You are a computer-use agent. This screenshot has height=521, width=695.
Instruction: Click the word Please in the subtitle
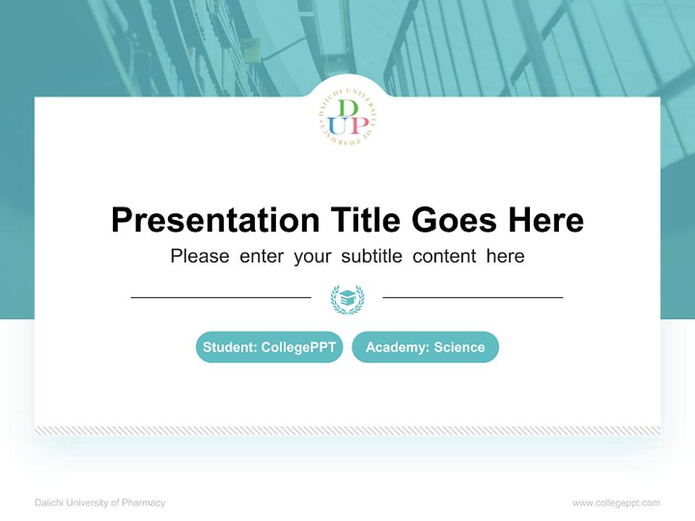200,256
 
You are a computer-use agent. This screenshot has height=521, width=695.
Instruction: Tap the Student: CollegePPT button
269,347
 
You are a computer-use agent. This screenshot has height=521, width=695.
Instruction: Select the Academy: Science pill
425,347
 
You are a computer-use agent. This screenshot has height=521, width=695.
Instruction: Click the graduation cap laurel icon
347,298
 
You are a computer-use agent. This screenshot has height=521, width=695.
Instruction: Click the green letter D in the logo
348,109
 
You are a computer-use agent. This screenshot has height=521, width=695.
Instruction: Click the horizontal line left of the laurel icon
221,297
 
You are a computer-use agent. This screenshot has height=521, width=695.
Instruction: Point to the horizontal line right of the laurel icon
473,297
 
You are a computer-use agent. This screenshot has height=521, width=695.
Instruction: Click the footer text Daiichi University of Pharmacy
100,503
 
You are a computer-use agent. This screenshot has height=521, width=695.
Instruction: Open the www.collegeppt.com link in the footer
616,503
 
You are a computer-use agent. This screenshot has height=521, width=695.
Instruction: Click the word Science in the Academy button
459,347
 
